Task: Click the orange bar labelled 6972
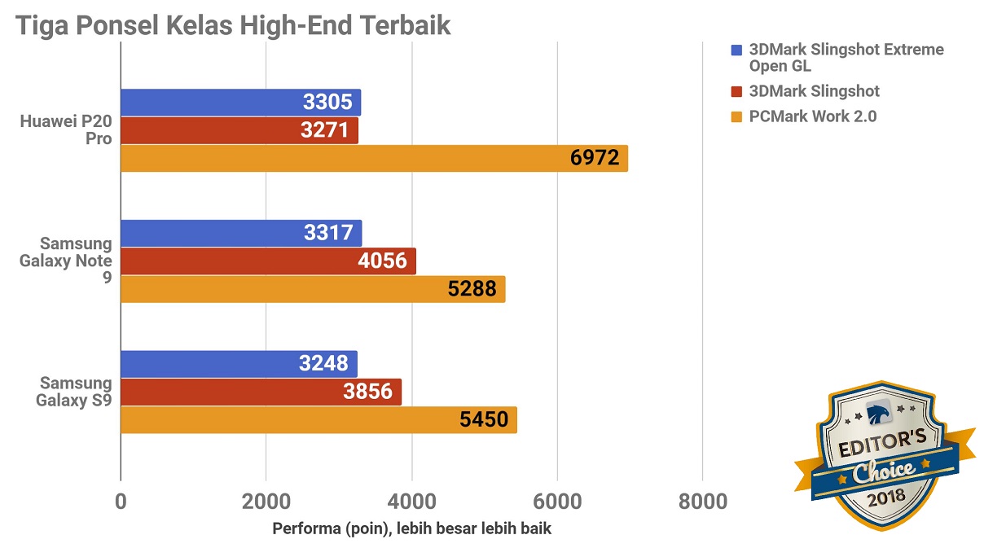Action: pos(374,158)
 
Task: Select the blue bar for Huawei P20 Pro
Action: pos(240,103)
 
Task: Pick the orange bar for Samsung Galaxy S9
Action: pos(318,420)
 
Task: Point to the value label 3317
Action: pos(327,234)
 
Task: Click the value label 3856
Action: pos(369,392)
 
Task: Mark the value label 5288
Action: pos(472,289)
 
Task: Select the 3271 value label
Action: pos(325,130)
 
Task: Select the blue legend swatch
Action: pos(737,50)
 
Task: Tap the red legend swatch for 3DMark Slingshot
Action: pos(737,92)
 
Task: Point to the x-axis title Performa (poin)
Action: pos(411,529)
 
